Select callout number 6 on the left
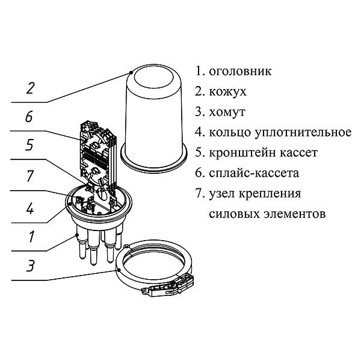[28, 117]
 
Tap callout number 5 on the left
[28, 146]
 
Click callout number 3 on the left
[28, 267]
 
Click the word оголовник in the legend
[239, 71]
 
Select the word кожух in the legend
[227, 91]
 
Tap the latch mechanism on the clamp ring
[165, 288]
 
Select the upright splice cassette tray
[96, 151]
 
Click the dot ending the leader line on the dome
[131, 71]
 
